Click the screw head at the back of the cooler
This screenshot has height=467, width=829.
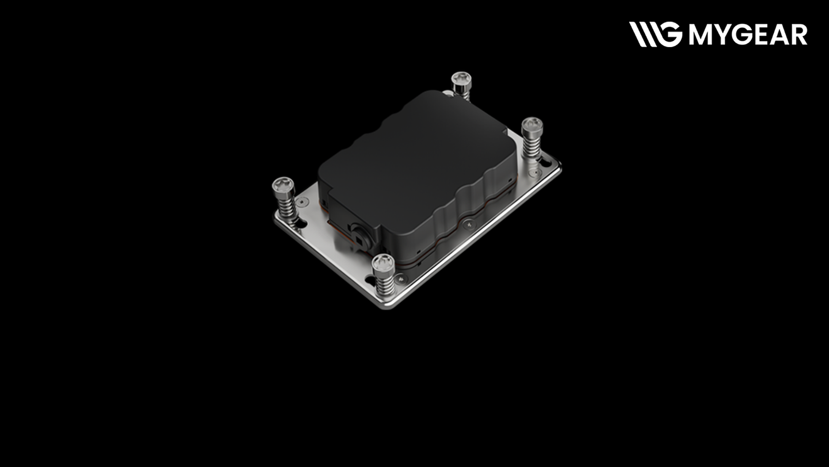(x=461, y=80)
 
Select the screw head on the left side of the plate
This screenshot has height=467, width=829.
(x=283, y=186)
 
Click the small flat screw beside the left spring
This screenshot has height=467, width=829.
(x=301, y=201)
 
